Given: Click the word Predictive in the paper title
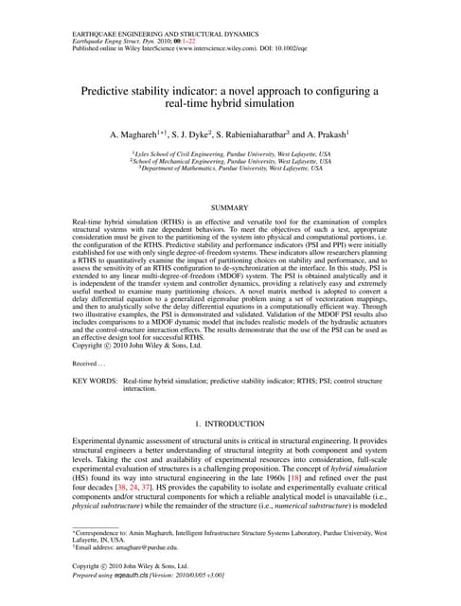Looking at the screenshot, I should pyautogui.click(x=112, y=91).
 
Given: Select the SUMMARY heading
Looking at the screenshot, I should pyautogui.click(x=230, y=207).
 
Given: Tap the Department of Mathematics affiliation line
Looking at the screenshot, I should pyautogui.click(x=230, y=168).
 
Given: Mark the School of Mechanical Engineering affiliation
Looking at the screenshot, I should pyautogui.click(x=230, y=160).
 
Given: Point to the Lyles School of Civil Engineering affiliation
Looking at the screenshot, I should pyautogui.click(x=230, y=152).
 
